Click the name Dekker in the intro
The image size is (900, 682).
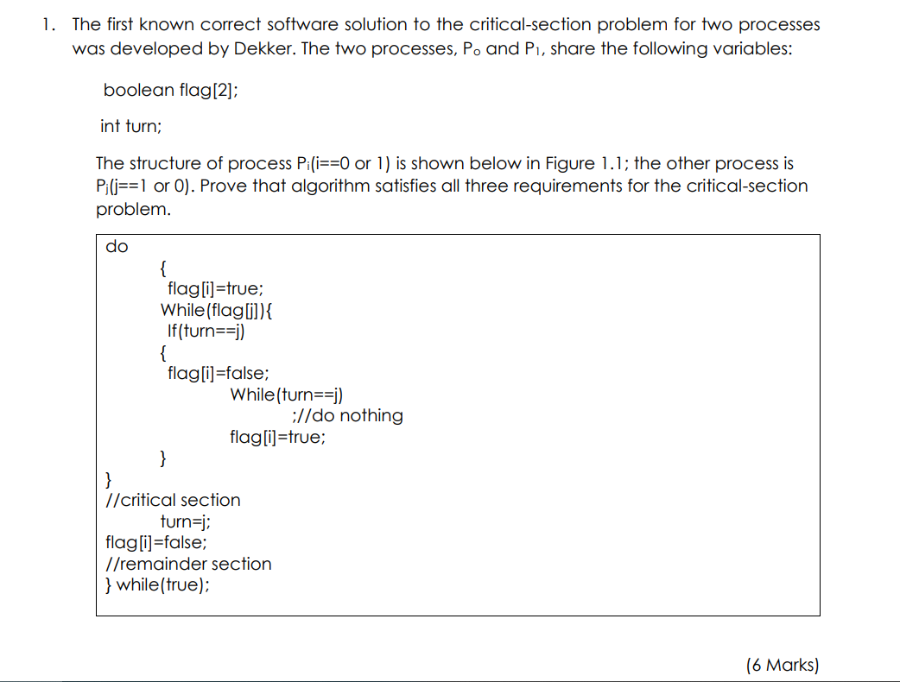(259, 48)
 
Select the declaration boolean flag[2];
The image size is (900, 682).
(170, 90)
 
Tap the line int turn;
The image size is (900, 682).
(130, 126)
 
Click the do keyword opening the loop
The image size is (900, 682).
(117, 247)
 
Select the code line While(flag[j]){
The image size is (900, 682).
(218, 310)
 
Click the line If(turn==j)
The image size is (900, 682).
(208, 331)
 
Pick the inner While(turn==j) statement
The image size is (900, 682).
(287, 395)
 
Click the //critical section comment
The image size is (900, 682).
(172, 500)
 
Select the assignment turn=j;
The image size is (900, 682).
(186, 521)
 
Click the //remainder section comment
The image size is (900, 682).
(187, 564)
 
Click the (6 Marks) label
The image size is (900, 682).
(782, 664)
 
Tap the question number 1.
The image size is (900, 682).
(48, 25)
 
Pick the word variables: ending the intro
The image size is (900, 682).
(750, 48)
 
